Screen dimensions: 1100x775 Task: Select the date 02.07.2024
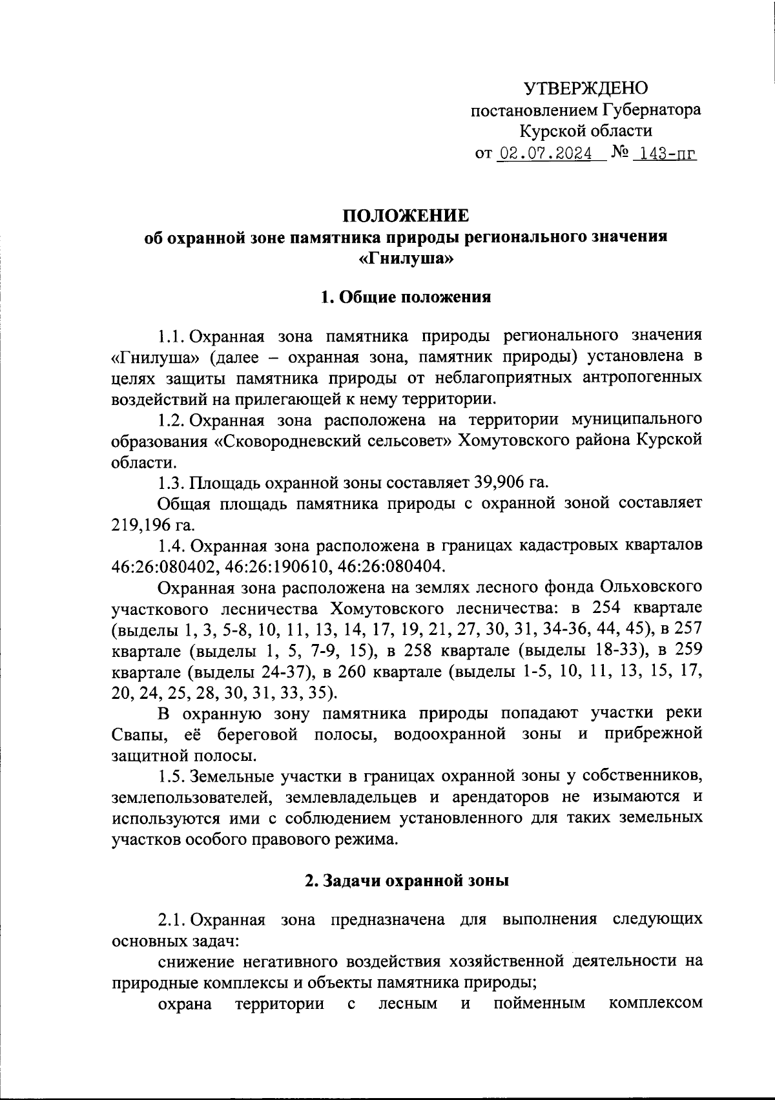(546, 155)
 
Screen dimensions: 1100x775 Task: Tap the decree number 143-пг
(665, 155)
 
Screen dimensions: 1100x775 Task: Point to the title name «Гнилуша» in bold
(404, 260)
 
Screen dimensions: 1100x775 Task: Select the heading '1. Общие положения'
(406, 297)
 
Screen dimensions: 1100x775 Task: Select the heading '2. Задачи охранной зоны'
(407, 880)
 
